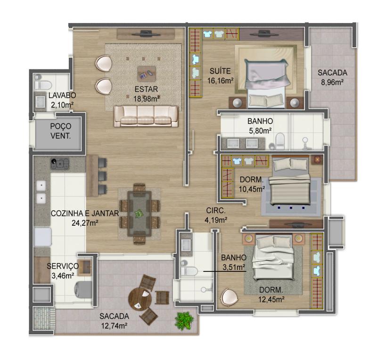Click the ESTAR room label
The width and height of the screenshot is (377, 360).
[146, 89]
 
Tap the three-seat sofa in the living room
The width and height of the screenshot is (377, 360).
[146, 116]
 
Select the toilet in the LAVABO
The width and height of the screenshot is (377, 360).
[43, 85]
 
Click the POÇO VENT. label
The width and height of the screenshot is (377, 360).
[61, 131]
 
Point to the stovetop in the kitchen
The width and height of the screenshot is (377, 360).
[60, 164]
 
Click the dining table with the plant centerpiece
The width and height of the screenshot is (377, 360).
[139, 213]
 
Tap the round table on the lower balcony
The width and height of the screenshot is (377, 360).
[140, 299]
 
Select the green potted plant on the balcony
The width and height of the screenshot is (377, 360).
[184, 320]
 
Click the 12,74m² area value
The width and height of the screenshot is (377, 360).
[114, 326]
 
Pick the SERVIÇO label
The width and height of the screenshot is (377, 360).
[63, 266]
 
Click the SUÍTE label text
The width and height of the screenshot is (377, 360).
[220, 71]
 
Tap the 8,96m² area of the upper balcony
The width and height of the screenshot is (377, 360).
[332, 82]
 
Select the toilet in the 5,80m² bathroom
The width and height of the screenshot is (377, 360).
[280, 141]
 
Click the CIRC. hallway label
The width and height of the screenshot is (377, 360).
[216, 211]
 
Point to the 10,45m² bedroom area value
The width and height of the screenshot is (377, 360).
[252, 189]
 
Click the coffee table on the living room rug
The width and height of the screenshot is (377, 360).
[147, 74]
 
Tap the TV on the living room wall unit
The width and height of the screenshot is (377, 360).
[146, 33]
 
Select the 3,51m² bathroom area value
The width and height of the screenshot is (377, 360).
[234, 267]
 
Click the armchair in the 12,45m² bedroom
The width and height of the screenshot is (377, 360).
[229, 297]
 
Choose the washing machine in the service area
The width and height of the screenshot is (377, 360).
[84, 289]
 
